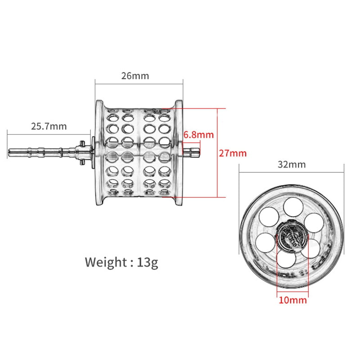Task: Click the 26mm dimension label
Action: (135, 76)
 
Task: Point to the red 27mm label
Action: (233, 153)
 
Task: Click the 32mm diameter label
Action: (292, 164)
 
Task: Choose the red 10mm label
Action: (293, 300)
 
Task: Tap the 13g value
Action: (147, 261)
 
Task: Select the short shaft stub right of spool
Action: (193, 153)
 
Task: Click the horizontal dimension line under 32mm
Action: (292, 172)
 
